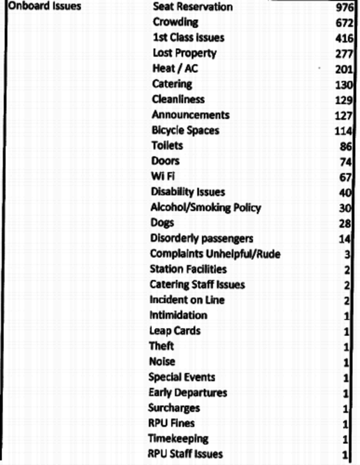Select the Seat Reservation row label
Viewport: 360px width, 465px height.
pyautogui.click(x=192, y=7)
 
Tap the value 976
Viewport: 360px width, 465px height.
pyautogui.click(x=344, y=8)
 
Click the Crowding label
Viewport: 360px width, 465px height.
pyautogui.click(x=175, y=23)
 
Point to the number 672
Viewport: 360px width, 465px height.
pyautogui.click(x=344, y=23)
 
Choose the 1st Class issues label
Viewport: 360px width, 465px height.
pyautogui.click(x=188, y=38)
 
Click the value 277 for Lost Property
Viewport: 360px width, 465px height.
pyautogui.click(x=344, y=54)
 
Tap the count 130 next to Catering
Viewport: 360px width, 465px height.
pyautogui.click(x=344, y=85)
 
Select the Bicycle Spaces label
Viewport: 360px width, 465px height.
pyautogui.click(x=185, y=131)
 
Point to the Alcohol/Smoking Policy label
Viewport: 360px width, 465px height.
pyautogui.click(x=205, y=208)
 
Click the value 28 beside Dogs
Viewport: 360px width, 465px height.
pyautogui.click(x=347, y=224)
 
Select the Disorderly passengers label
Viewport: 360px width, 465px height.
pyautogui.click(x=202, y=239)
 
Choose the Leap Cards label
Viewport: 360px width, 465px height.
pyautogui.click(x=174, y=331)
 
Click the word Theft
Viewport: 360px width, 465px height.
pyautogui.click(x=161, y=346)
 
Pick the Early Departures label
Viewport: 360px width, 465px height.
pyautogui.click(x=187, y=392)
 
